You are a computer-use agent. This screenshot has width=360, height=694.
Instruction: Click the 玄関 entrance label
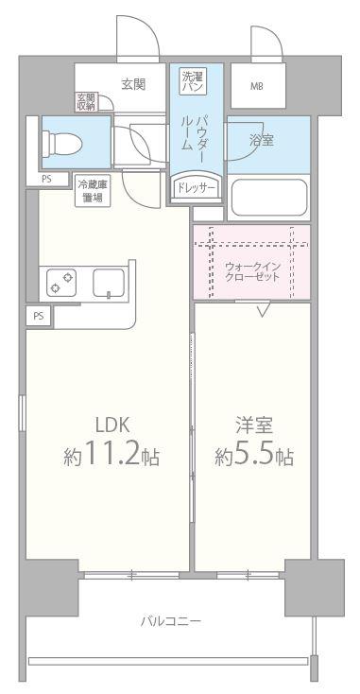(133, 84)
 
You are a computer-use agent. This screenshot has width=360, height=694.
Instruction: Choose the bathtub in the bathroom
(268, 198)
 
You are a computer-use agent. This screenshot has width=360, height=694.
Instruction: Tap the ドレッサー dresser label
(197, 188)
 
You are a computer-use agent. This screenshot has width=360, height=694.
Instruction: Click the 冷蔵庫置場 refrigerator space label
(93, 190)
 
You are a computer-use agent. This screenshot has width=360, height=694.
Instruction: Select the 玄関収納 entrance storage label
(86, 101)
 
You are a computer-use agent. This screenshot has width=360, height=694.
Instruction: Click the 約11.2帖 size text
(111, 459)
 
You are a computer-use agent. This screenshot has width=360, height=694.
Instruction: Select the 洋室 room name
(252, 424)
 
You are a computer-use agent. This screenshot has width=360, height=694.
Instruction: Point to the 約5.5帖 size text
(252, 459)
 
